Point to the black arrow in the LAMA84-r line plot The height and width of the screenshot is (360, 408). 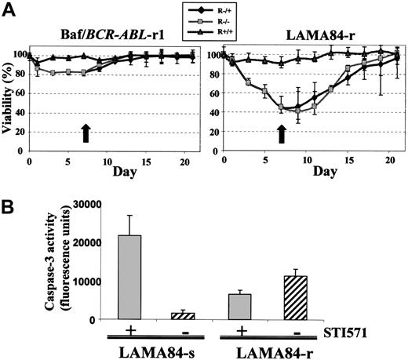pyautogui.click(x=281, y=133)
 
